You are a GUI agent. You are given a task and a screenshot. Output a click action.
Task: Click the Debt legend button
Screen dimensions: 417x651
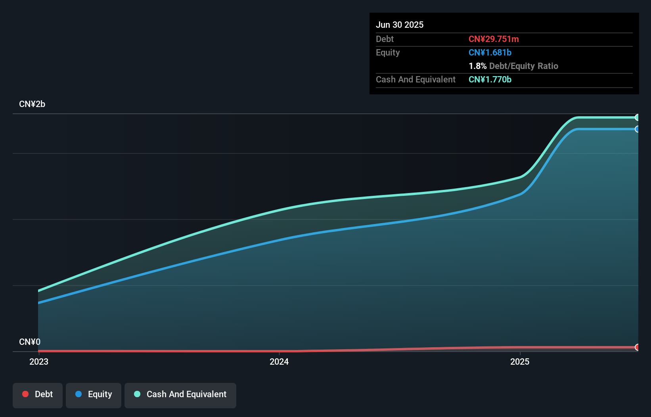(x=37, y=394)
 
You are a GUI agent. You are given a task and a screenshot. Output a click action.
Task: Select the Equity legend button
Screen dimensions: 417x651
(x=94, y=394)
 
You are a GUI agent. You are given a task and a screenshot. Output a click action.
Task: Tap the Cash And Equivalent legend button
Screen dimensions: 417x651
(x=180, y=394)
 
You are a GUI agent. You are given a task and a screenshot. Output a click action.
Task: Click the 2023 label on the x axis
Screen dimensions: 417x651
(x=39, y=362)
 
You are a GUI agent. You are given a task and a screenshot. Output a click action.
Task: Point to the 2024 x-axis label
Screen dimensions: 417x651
(x=279, y=362)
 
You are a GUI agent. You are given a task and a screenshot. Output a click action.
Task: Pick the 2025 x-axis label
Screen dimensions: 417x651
(x=520, y=362)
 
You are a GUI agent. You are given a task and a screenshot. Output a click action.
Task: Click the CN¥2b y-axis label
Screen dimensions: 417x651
(x=32, y=104)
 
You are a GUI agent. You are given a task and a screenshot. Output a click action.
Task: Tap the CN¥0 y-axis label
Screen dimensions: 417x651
(x=30, y=342)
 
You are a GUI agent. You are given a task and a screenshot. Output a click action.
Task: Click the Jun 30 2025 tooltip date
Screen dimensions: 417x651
(x=400, y=25)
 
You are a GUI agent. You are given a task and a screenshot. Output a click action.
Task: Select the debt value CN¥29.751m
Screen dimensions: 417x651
(x=494, y=39)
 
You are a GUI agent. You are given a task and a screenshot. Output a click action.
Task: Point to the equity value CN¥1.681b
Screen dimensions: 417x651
(x=490, y=52)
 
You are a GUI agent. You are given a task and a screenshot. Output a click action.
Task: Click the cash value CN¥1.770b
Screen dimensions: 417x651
(x=490, y=79)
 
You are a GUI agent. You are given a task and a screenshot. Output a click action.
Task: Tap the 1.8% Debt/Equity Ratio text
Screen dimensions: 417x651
(x=513, y=66)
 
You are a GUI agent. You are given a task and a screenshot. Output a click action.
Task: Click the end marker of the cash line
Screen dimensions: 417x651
(x=637, y=117)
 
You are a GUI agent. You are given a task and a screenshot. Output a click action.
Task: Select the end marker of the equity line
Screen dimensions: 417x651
(x=637, y=129)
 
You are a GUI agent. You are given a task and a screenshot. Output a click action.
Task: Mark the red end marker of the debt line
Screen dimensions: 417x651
(x=637, y=347)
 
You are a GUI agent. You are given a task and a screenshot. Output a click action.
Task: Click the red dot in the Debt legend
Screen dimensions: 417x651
(x=25, y=394)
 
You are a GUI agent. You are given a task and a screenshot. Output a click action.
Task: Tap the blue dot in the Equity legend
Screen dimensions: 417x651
(x=79, y=394)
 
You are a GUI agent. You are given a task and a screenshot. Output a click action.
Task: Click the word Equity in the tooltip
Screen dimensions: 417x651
(x=388, y=52)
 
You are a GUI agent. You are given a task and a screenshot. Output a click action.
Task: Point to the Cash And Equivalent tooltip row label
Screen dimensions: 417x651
(x=415, y=79)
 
